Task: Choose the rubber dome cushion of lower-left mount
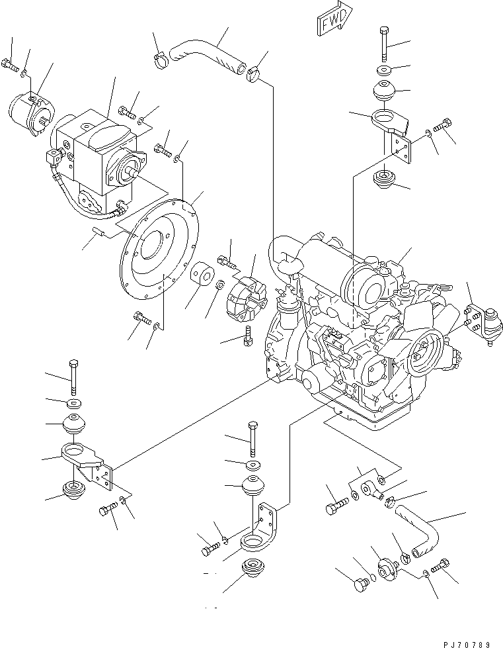pos(73,424)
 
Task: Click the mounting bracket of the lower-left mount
pos(86,464)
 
